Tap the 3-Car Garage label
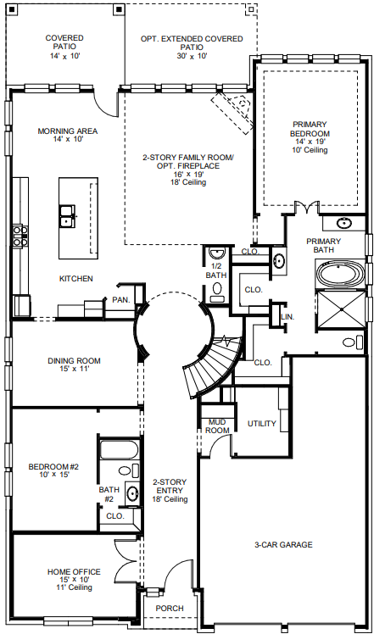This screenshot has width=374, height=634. [x=284, y=544]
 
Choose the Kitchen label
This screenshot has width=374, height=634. [x=75, y=279]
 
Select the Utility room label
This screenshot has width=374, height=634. [x=262, y=423]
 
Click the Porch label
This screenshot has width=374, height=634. [x=169, y=607]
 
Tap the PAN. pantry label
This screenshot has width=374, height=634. [x=120, y=300]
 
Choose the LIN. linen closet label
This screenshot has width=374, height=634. [x=286, y=317]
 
